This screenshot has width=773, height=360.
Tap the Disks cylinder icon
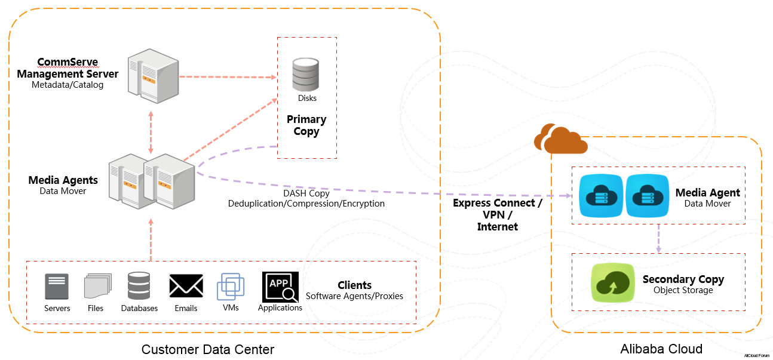[x=305, y=74]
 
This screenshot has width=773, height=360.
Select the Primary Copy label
[x=306, y=125]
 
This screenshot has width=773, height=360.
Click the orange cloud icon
[x=560, y=140]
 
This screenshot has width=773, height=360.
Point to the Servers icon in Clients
[x=57, y=287]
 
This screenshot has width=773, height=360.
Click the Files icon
[x=97, y=286]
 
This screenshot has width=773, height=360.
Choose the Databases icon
[x=139, y=286]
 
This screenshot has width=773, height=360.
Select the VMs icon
[x=231, y=287]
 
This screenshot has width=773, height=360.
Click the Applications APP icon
[x=280, y=287]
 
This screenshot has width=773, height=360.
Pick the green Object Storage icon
[x=612, y=282]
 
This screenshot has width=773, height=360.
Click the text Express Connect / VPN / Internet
[x=497, y=215]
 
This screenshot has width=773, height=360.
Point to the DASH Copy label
[x=306, y=193]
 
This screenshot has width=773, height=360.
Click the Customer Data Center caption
[x=208, y=349]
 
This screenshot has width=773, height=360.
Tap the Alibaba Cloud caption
[x=661, y=349]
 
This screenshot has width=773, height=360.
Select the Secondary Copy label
[x=683, y=279]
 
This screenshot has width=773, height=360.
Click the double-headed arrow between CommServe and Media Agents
[x=151, y=131]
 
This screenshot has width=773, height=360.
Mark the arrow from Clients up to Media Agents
[x=151, y=239]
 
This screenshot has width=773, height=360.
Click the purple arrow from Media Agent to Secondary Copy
[x=658, y=238]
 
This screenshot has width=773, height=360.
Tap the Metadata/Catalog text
[x=68, y=85]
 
